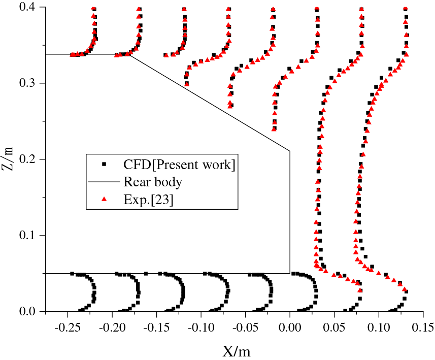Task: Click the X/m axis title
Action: (x=236, y=350)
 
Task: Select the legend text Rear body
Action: (x=152, y=182)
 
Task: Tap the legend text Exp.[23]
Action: (x=148, y=200)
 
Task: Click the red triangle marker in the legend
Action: (x=104, y=200)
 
